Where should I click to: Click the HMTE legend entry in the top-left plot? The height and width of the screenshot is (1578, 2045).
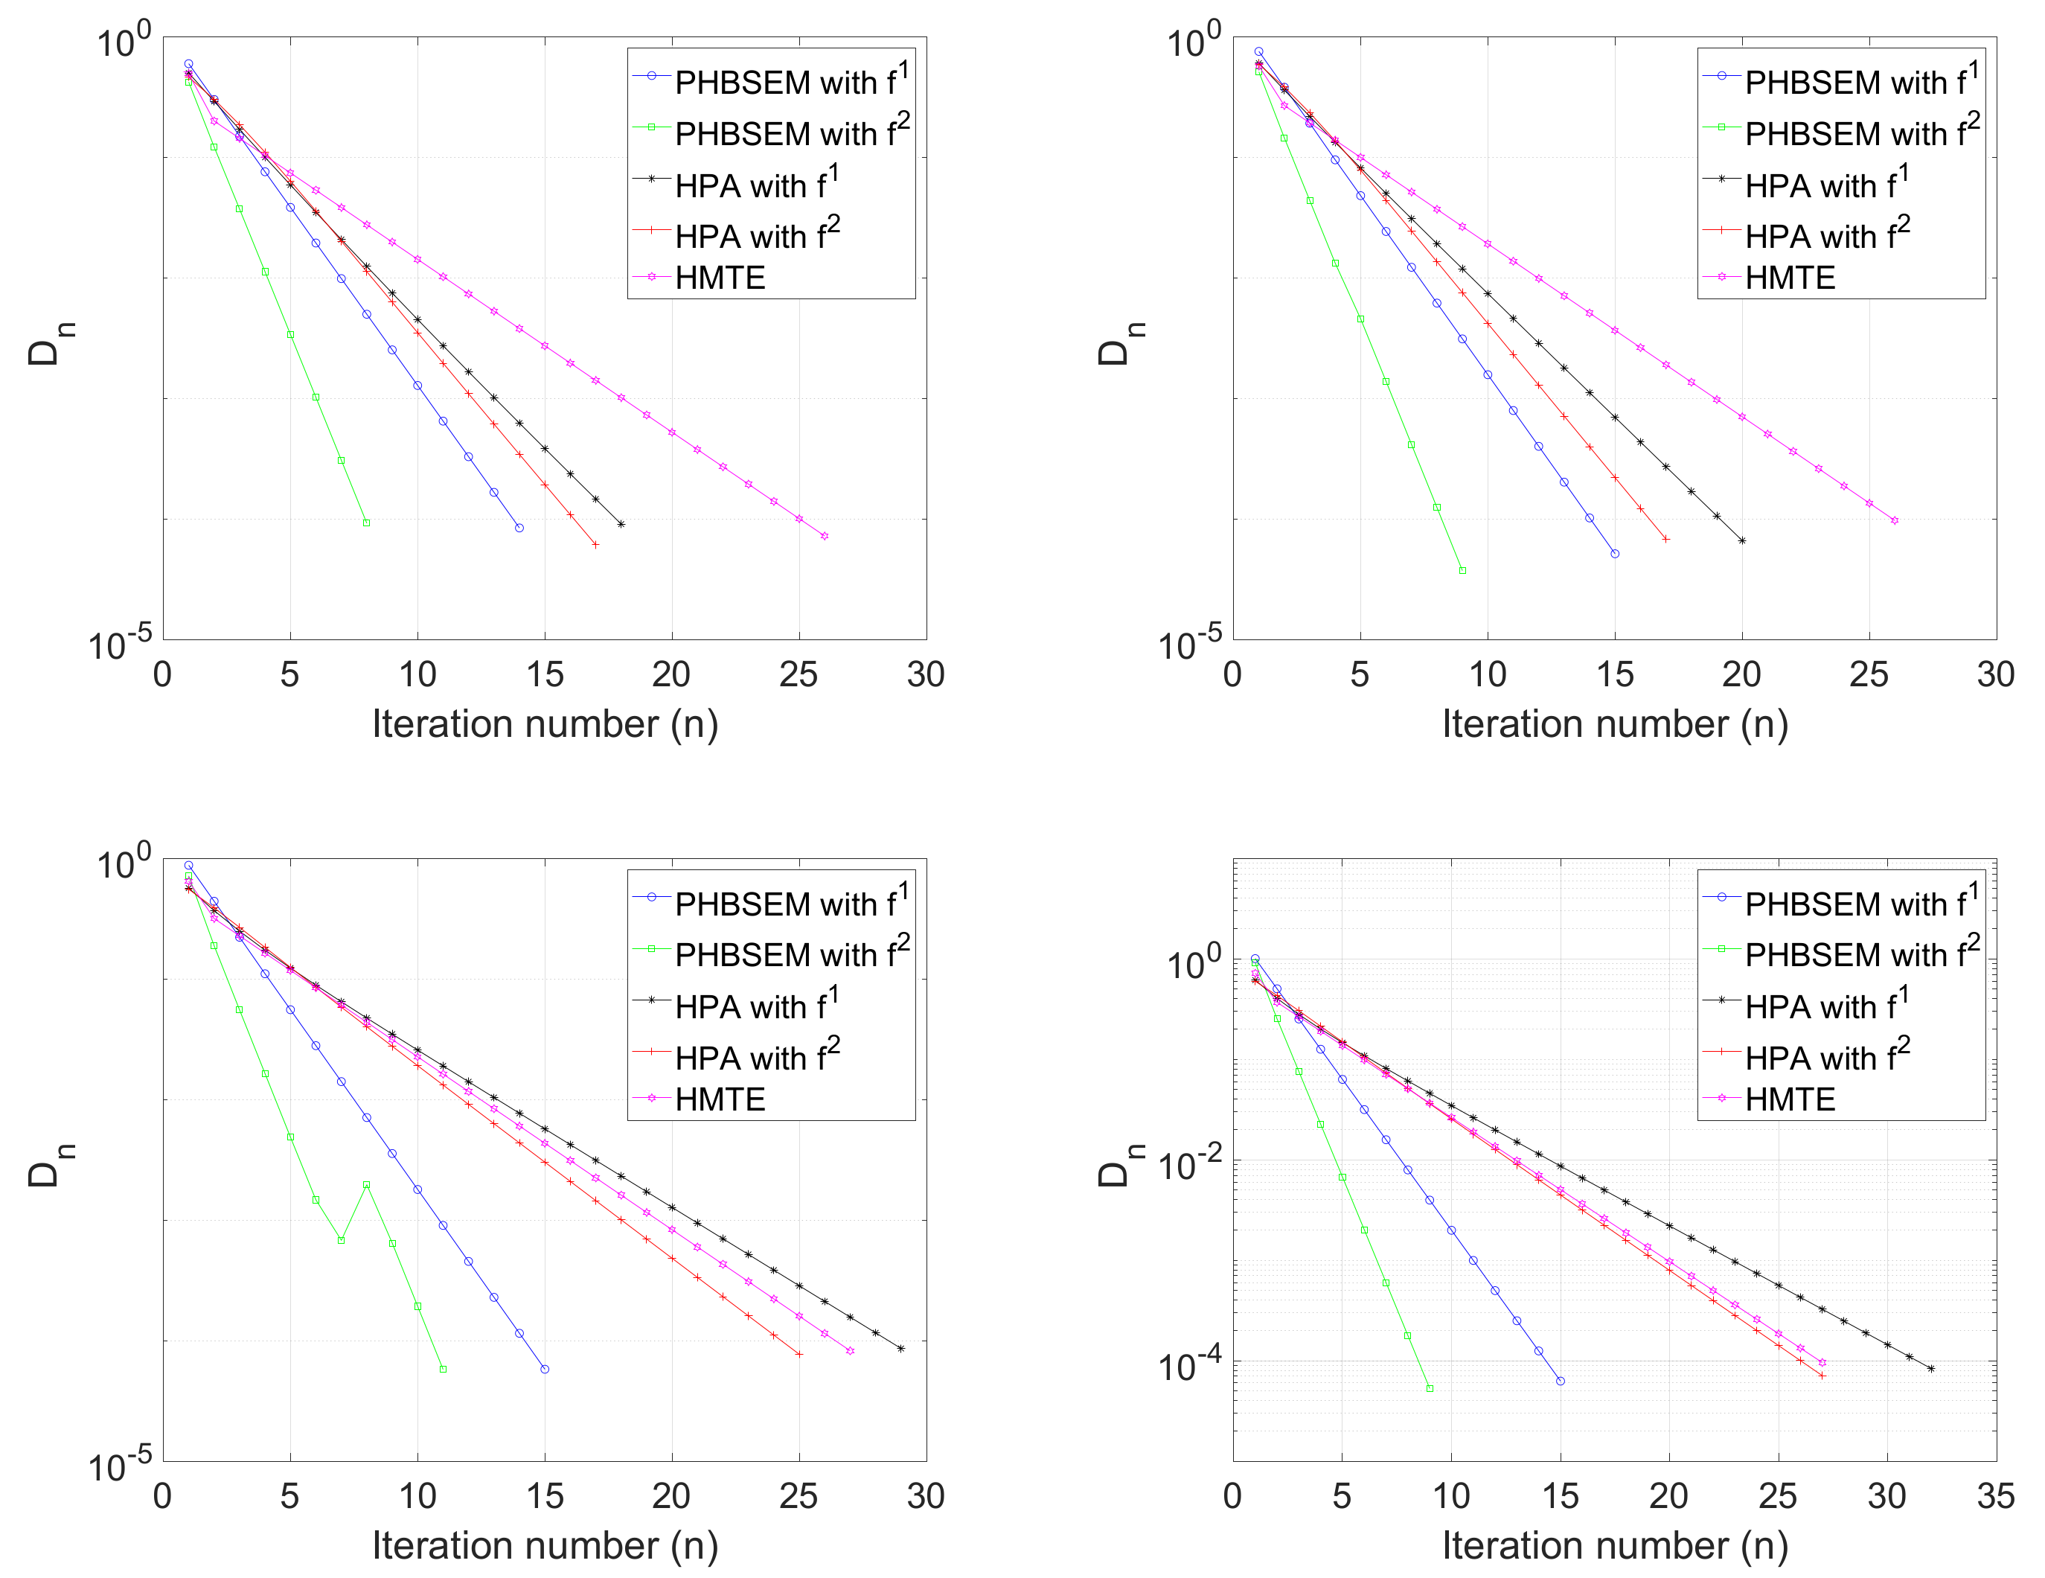coord(719,278)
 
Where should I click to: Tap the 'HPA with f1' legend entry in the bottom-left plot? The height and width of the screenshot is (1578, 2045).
coord(755,1006)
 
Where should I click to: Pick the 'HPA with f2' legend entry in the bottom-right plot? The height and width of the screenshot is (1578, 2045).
coord(1826,1057)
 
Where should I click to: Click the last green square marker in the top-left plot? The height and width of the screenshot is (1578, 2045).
coord(366,523)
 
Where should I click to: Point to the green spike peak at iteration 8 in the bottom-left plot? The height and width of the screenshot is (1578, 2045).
coord(366,1185)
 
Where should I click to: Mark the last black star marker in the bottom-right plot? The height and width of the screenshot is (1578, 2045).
coord(1930,1369)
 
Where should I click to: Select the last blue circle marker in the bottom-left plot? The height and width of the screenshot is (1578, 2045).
coord(545,1369)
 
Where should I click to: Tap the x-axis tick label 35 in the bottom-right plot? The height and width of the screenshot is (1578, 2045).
coord(1995,1495)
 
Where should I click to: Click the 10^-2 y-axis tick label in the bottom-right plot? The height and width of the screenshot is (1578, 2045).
coord(1189,1165)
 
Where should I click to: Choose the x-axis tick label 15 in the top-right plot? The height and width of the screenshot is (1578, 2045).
coord(1614,674)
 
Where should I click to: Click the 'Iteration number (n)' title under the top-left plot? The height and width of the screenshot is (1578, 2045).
coord(545,724)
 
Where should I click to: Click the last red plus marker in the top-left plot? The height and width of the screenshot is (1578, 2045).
coord(595,544)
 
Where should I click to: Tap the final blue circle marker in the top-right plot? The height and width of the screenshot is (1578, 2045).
coord(1614,554)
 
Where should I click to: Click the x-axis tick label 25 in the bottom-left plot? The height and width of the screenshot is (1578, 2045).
coord(799,1495)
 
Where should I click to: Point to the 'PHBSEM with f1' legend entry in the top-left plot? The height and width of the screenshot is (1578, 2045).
coord(790,83)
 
